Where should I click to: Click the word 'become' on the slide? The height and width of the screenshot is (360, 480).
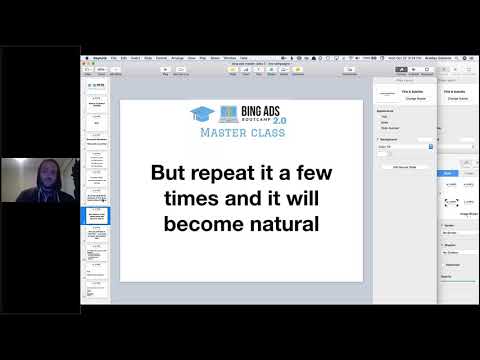[x=201, y=223]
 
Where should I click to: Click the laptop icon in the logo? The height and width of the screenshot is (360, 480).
[x=228, y=113]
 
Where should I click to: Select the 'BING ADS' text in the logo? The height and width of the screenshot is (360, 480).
[x=262, y=109]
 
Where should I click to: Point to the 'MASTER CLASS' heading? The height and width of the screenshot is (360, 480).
[x=242, y=132]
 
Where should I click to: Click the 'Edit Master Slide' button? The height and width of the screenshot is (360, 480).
[x=404, y=167]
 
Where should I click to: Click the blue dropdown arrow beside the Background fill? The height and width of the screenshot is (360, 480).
[x=430, y=146]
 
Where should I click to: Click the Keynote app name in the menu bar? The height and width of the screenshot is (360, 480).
[x=100, y=58]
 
